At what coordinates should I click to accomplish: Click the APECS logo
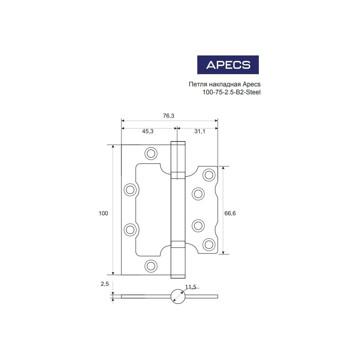[x=228, y=65]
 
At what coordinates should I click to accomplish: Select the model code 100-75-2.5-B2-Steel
[x=231, y=92]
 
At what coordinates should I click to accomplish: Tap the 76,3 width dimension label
[x=168, y=116]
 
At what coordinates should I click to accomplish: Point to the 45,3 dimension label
[x=148, y=131]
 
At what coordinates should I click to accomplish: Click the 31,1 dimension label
[x=200, y=131]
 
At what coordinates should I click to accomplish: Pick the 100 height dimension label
[x=103, y=213]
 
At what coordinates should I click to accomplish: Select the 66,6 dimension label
[x=230, y=213]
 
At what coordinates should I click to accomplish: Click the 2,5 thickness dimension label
[x=105, y=284]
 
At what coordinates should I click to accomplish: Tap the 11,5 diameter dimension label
[x=190, y=287]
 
